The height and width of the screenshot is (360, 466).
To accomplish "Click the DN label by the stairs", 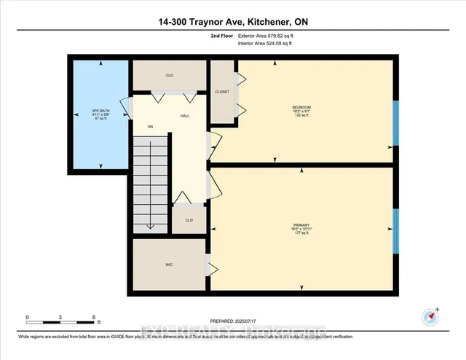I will pyautogui.click(x=151, y=126).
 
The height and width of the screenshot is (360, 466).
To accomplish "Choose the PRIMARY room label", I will pyautogui.click(x=301, y=224).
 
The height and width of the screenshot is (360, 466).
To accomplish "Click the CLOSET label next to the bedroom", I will pyautogui.click(x=222, y=92).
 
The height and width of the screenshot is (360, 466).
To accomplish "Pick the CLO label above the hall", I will pyautogui.click(x=170, y=74).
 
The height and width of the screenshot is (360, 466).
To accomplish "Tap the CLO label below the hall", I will pyautogui.click(x=189, y=219).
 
